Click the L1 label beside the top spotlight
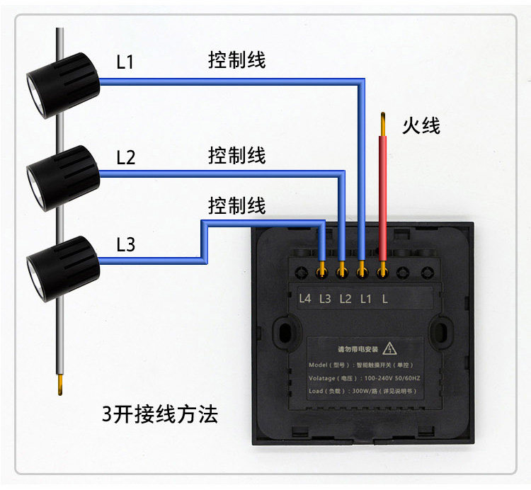tap(125, 62)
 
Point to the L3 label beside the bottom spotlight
tap(125, 245)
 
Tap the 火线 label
tap(421, 126)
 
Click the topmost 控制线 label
tap(236, 59)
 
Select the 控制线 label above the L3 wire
tap(236, 206)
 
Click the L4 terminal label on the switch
tap(305, 298)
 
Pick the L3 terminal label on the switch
tap(325, 298)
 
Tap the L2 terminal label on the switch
tap(345, 298)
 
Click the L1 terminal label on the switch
tap(365, 298)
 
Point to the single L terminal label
tap(384, 298)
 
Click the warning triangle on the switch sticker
tap(389, 349)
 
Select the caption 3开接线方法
tap(159, 414)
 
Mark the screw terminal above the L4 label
tap(302, 270)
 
